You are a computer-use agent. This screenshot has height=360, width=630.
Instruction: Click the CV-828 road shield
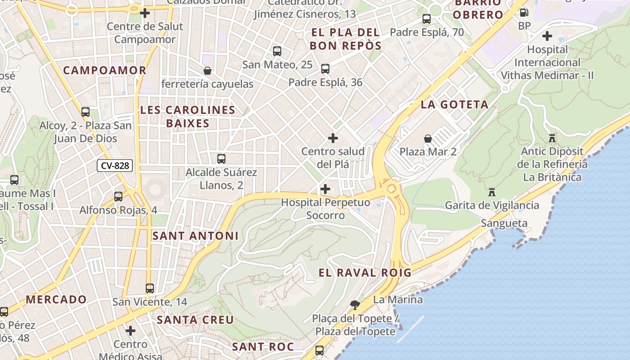point(115,166)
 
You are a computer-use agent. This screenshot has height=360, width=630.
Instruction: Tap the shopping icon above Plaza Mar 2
point(427,139)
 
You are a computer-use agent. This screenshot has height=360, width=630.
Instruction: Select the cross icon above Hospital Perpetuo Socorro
point(325,189)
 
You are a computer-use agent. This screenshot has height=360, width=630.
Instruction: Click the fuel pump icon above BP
point(524,13)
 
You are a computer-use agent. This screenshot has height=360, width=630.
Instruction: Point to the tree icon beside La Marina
point(355,305)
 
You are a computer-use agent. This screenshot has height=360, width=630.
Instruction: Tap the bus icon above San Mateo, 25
point(277,51)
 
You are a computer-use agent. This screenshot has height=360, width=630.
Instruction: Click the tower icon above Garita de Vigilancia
point(492,192)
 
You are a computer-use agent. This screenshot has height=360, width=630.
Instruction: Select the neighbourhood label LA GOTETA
point(454,105)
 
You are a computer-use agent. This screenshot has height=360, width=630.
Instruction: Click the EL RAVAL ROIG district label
point(365,273)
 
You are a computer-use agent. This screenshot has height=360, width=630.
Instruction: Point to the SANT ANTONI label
point(195,236)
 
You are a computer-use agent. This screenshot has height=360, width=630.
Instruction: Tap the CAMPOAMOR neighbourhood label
point(105,70)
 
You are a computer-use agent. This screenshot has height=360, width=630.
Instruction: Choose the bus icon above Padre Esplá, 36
point(325,69)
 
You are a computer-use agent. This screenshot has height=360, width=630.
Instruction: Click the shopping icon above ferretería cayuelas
point(207,71)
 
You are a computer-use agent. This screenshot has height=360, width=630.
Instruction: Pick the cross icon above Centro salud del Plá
point(333,138)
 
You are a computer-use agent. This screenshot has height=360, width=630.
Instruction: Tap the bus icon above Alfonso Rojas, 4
point(118,197)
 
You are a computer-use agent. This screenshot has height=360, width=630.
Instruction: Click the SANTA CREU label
point(195,320)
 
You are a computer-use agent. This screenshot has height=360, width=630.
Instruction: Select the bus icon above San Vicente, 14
point(150,288)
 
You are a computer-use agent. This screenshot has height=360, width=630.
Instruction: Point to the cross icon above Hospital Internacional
point(547,36)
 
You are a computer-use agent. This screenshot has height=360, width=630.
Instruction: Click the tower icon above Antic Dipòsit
point(552,138)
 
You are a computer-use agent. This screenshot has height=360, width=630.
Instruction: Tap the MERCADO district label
point(56,299)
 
